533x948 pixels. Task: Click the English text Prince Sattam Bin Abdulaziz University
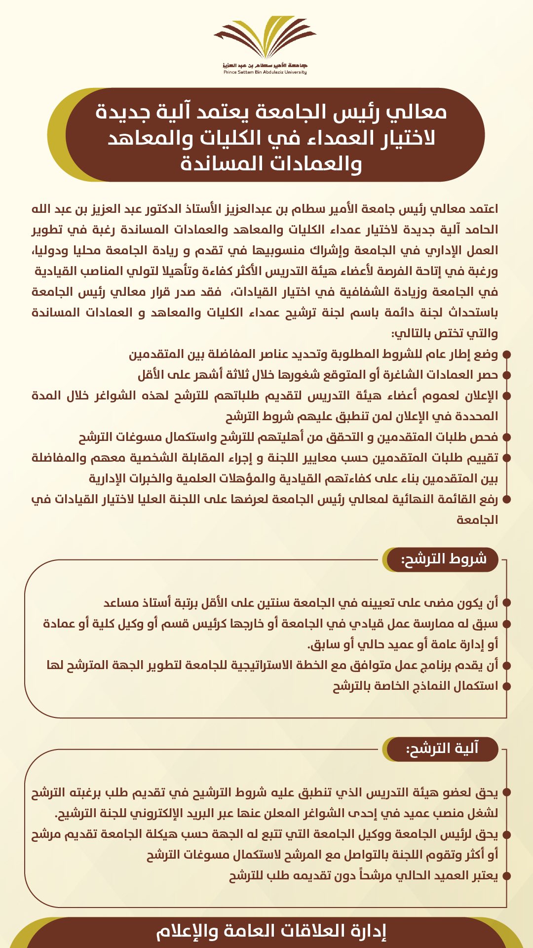(265, 72)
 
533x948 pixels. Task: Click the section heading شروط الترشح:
(444, 559)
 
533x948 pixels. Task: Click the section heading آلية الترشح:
(442, 749)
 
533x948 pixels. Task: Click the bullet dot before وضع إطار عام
(506, 355)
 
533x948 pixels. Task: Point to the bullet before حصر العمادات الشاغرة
(506, 375)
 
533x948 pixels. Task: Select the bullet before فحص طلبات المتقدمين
(506, 437)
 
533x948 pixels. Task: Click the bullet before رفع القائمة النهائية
(506, 500)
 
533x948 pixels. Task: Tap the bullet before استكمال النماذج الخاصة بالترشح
(506, 686)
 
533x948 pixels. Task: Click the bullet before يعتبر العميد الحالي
(506, 876)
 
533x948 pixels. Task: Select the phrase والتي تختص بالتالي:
(445, 333)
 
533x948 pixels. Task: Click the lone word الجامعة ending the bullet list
(477, 520)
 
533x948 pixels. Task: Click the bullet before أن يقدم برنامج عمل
(506, 666)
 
